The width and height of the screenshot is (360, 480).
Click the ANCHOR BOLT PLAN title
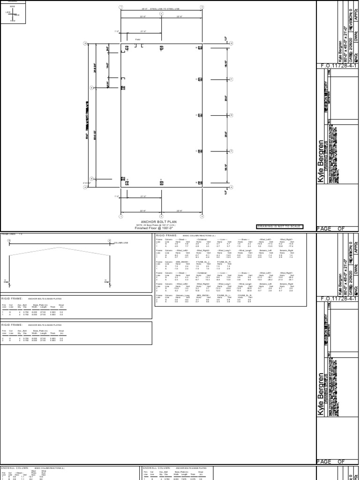[x=161, y=221]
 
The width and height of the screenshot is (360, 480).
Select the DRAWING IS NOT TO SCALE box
[x=279, y=227]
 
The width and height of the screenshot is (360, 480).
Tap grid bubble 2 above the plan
[x=161, y=14]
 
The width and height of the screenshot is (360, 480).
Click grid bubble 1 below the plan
[x=121, y=217]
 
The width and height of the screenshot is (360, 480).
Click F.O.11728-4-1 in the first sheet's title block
[x=337, y=66]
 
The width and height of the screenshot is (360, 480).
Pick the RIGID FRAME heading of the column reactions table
[x=166, y=235]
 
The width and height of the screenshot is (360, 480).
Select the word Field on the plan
[x=138, y=39]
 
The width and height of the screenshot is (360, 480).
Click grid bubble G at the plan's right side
[x=231, y=43]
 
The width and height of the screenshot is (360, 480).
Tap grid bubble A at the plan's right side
[x=231, y=187]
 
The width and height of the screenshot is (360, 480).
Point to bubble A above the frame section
[x=110, y=240]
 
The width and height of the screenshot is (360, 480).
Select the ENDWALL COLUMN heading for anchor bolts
[x=157, y=468]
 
